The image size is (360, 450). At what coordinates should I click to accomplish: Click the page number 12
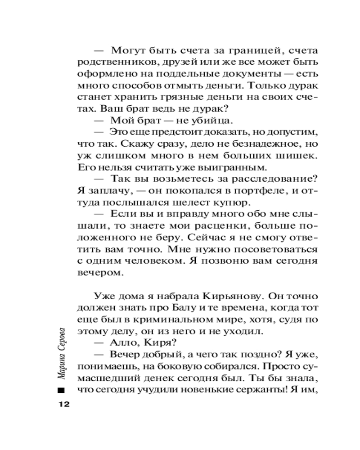62,404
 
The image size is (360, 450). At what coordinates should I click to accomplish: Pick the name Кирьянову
228,297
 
